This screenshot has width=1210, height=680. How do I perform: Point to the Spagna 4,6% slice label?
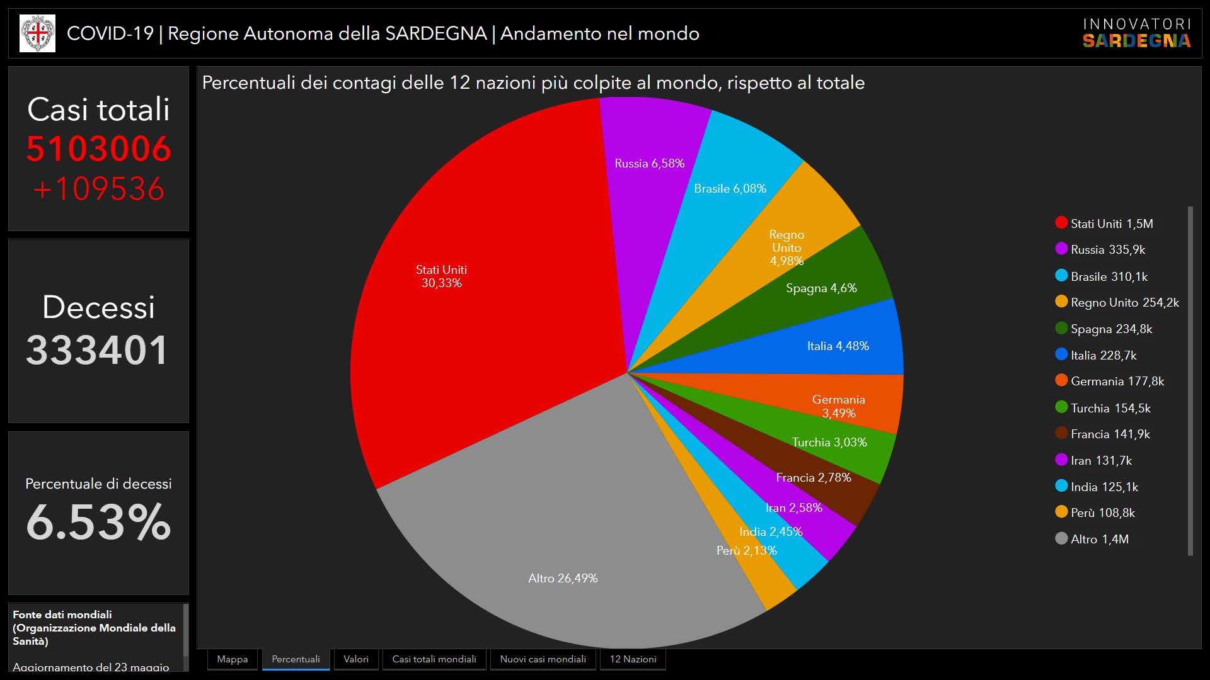821,288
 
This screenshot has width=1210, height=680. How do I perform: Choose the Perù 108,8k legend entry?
1102,513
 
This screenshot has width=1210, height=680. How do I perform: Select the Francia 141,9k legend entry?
1110,434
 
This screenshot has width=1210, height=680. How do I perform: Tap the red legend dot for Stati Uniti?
1061,222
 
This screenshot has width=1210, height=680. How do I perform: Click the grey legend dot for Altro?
1061,538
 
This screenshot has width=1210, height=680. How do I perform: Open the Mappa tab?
232,659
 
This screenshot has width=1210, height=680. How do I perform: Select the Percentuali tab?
296,659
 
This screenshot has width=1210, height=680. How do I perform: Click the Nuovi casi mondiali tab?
543,659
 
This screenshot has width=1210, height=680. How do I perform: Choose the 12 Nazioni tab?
633,659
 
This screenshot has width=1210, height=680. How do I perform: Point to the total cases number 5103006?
98,149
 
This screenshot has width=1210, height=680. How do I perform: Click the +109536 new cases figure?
98,189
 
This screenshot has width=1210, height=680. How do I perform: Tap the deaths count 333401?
98,350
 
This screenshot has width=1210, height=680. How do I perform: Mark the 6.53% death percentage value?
98,521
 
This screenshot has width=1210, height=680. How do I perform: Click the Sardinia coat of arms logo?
37,33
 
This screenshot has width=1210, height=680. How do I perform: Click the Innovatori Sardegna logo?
1137,33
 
